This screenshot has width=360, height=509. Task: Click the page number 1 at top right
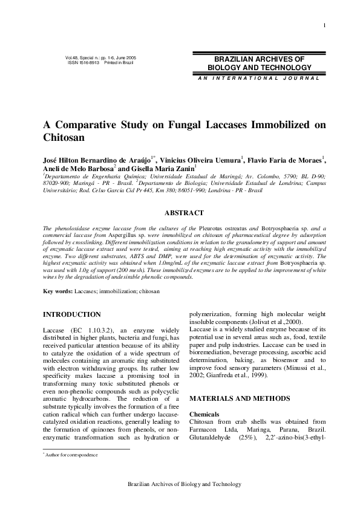(x=326, y=25)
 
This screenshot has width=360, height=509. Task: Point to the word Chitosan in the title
(x=62, y=138)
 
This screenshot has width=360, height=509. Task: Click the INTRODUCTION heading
(x=72, y=314)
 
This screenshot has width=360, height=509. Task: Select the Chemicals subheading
(x=205, y=414)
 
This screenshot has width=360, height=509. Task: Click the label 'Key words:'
(x=58, y=291)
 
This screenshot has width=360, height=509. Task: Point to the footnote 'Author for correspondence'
(x=72, y=454)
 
